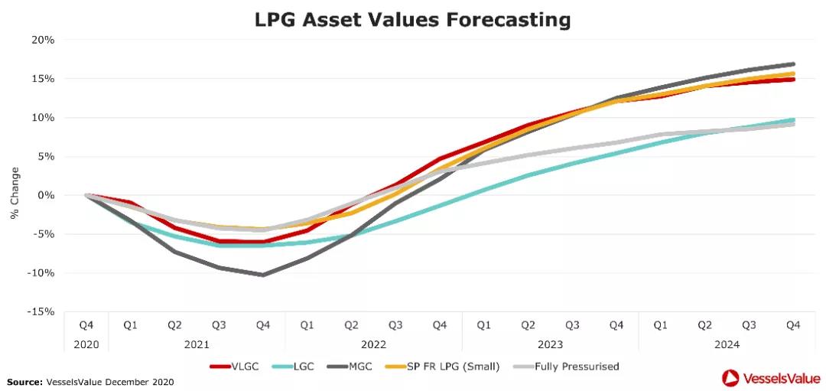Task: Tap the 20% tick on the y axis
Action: tap(44, 40)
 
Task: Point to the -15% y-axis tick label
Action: tap(41, 312)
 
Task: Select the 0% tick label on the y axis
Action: tap(47, 195)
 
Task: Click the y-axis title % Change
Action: tap(15, 194)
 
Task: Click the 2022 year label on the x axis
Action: tap(373, 344)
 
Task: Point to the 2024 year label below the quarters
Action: tap(727, 344)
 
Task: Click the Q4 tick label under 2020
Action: tap(86, 325)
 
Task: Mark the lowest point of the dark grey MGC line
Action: tap(263, 275)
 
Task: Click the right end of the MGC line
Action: tap(793, 64)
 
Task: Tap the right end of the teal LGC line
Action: tap(793, 119)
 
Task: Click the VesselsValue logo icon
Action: tap(730, 377)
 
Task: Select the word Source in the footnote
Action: tap(23, 381)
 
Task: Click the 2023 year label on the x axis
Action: tap(550, 344)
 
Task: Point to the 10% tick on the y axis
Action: tap(44, 117)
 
